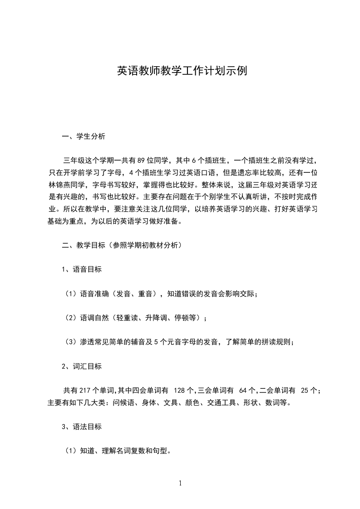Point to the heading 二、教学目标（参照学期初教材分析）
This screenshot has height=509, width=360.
pyautogui.click(x=122, y=245)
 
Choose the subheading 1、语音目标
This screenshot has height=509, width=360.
pyautogui.click(x=82, y=269)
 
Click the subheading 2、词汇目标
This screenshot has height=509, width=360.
pyautogui.click(x=82, y=366)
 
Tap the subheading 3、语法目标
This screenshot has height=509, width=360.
pyautogui.click(x=82, y=426)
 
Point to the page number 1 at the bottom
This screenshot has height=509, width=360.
pyautogui.click(x=180, y=483)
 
